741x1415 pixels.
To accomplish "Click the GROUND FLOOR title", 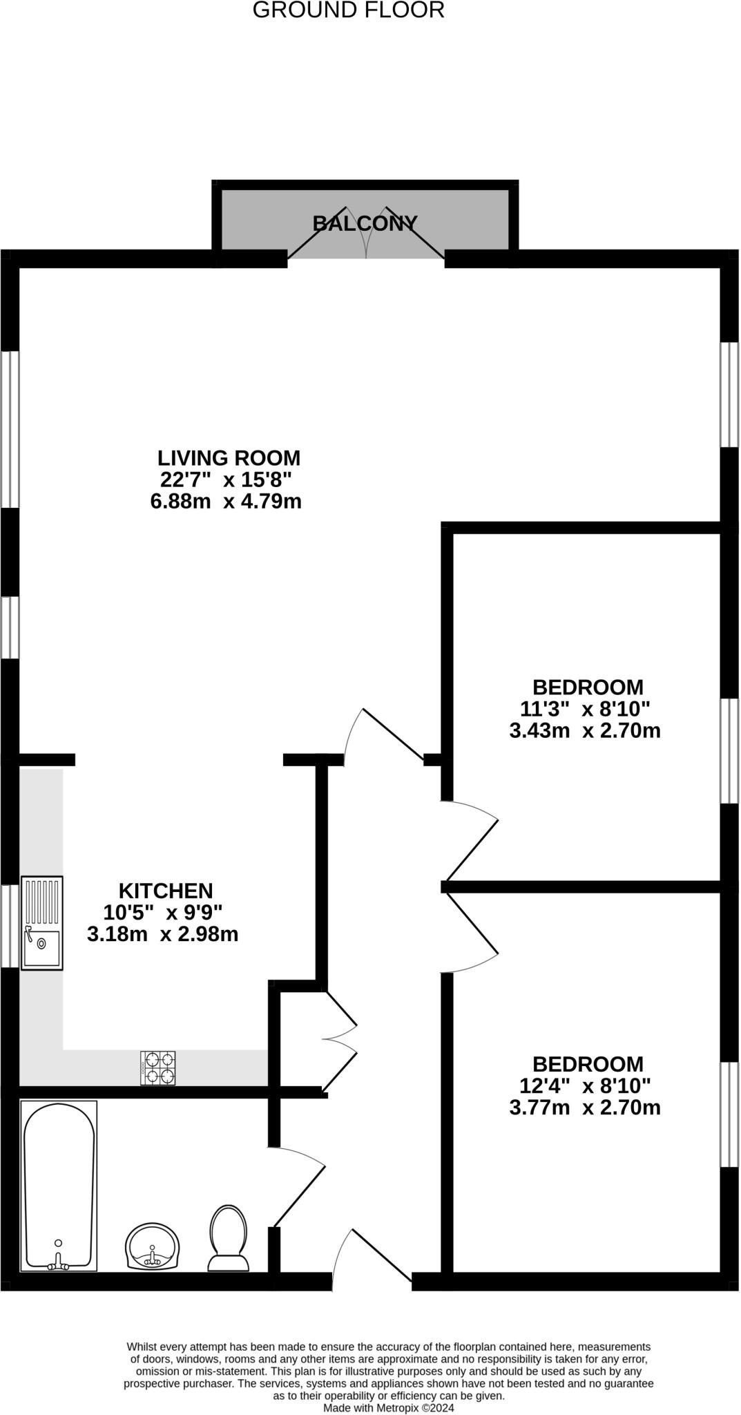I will [348, 10].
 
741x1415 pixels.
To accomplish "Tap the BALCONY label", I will [365, 223].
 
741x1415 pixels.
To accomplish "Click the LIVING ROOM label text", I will [229, 458].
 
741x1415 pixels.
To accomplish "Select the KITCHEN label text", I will [166, 891].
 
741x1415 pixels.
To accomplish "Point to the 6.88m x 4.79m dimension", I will [226, 501].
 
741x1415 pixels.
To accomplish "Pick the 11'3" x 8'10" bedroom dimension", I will [585, 709].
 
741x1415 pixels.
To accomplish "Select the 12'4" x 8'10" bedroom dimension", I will [585, 1085].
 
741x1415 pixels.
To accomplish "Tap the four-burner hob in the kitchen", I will [158, 1067].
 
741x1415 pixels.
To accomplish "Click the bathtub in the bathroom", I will [59, 1185].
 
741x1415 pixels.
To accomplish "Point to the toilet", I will [228, 1239].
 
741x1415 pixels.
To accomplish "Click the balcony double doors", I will [366, 235].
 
